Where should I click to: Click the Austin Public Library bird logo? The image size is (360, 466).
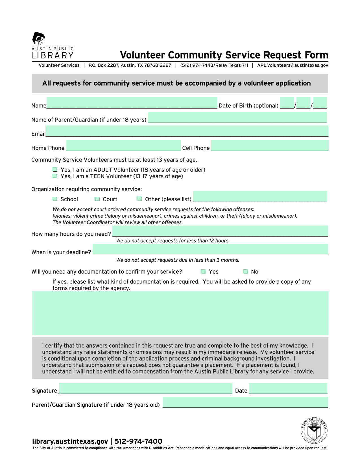(x=39, y=38)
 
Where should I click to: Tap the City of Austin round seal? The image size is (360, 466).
(x=314, y=431)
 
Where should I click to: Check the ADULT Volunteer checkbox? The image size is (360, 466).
(x=55, y=170)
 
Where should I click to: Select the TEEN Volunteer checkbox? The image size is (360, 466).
(x=55, y=176)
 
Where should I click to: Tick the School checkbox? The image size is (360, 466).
(x=55, y=199)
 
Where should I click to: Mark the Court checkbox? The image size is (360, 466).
(x=97, y=199)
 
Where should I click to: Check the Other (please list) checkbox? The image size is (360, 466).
(x=139, y=199)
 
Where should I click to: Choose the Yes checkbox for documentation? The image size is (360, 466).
(x=203, y=272)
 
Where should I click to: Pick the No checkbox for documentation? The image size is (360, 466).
(x=246, y=272)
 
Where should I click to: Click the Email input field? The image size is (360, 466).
(x=187, y=131)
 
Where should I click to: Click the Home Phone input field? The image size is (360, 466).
(x=123, y=146)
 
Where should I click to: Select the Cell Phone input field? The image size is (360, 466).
(x=270, y=146)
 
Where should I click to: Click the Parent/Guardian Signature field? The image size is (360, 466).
(x=245, y=402)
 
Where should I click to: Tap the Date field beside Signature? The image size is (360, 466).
(x=288, y=388)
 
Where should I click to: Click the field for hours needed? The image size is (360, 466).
(x=220, y=231)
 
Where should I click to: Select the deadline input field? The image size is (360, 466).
(x=210, y=250)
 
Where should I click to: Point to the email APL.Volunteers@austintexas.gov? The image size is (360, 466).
(x=293, y=65)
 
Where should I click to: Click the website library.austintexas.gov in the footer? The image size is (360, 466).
(x=70, y=441)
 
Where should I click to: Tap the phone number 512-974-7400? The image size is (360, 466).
(x=138, y=441)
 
